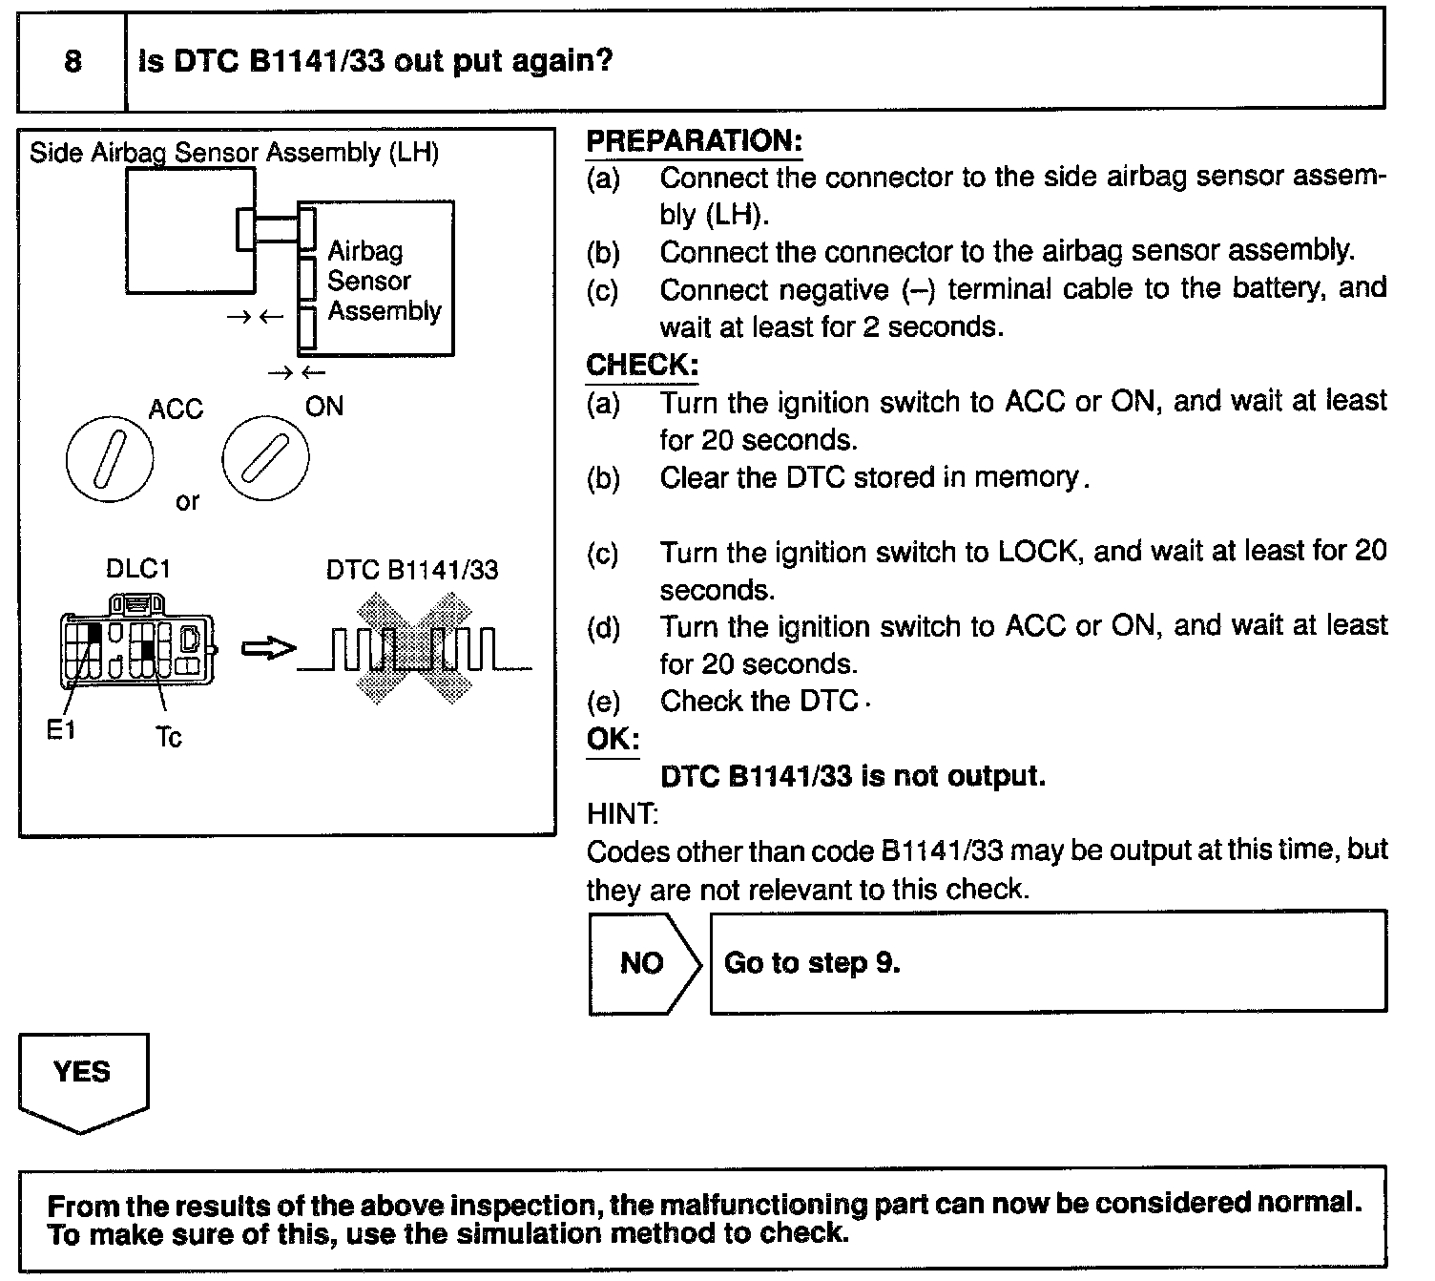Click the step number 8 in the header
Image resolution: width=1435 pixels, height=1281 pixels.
point(73,62)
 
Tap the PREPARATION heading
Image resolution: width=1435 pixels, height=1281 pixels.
point(694,141)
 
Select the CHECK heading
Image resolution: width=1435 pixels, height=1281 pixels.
point(641,366)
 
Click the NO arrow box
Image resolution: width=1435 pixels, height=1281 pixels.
point(642,962)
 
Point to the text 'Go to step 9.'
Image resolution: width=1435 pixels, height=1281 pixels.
point(812,962)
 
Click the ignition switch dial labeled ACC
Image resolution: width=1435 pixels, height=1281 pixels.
point(109,459)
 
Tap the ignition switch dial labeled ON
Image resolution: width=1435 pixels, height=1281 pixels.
point(265,458)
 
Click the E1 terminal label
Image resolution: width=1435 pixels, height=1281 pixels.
point(61,731)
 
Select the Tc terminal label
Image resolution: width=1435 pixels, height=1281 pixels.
point(168,738)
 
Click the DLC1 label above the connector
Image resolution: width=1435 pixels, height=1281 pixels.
point(137,569)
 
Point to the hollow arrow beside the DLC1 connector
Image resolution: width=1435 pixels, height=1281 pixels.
point(267,649)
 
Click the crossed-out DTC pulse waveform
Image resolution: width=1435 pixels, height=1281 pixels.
point(414,649)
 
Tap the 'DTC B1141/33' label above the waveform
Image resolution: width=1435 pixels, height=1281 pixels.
point(411,571)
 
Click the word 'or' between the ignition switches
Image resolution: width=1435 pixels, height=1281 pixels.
point(188,501)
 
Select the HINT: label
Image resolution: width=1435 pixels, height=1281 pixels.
point(622,814)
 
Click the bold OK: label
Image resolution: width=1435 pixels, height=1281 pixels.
point(612,740)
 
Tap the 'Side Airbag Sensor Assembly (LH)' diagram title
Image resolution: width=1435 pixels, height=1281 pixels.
point(234,153)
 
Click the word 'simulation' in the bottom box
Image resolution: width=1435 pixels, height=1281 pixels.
point(530,1233)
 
